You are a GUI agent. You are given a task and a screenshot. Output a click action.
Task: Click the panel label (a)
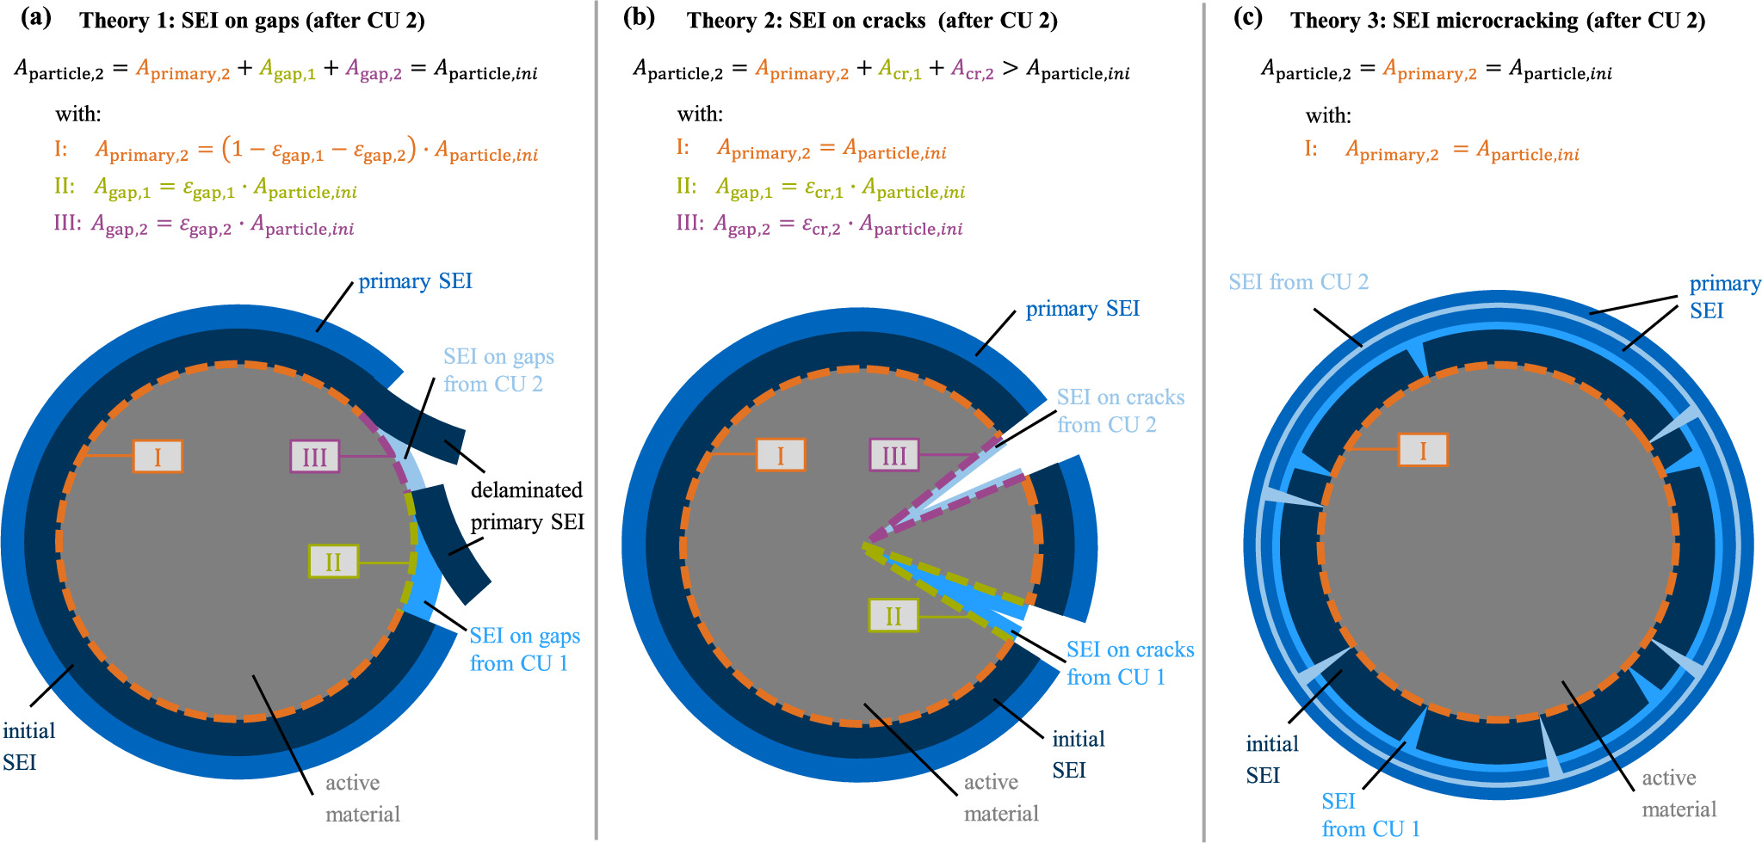tap(35, 19)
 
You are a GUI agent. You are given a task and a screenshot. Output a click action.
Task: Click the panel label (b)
tap(639, 19)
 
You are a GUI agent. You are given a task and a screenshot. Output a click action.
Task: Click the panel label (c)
tap(1247, 19)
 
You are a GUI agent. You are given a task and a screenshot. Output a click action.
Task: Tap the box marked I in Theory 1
tap(158, 456)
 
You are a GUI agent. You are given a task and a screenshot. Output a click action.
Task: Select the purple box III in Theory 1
tap(314, 456)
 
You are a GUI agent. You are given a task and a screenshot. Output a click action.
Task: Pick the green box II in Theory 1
tap(333, 562)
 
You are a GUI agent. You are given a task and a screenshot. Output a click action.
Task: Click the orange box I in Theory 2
tap(780, 454)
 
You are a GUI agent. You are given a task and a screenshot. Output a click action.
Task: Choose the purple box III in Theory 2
tap(894, 455)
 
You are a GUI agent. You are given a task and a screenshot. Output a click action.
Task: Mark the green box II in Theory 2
tap(893, 615)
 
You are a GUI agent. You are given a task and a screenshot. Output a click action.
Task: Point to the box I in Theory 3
tap(1422, 450)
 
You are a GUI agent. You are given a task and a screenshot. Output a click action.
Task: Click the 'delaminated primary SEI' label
tap(527, 506)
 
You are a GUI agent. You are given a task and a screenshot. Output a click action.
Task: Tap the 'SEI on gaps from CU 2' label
tap(498, 370)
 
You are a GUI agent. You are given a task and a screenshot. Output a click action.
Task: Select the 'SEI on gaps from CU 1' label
tap(524, 649)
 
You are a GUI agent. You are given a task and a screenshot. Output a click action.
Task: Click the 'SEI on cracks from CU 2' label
tap(1120, 410)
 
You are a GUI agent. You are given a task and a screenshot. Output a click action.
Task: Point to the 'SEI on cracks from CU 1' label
tap(1129, 663)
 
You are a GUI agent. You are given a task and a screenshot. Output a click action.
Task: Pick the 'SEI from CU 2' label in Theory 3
tap(1298, 282)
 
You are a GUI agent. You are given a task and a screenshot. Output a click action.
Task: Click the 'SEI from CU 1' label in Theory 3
tap(1370, 815)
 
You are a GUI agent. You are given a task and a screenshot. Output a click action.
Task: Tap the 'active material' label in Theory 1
tap(362, 798)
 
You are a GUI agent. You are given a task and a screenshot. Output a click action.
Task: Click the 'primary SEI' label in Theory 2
tap(1082, 309)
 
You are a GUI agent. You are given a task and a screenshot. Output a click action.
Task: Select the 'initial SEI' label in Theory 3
tap(1271, 760)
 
